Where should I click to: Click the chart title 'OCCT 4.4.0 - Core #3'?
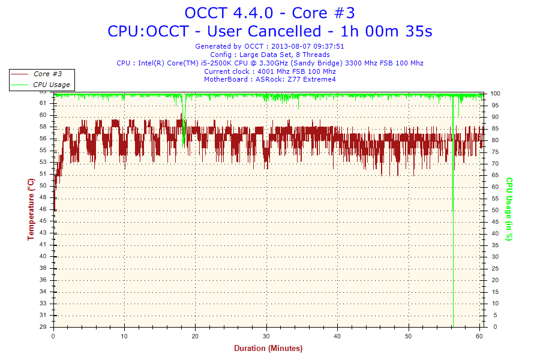click(269, 13)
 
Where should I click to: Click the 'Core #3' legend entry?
click(47, 74)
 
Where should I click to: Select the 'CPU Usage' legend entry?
click(51, 85)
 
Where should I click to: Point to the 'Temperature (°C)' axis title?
click(31, 209)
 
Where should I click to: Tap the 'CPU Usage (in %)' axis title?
click(509, 209)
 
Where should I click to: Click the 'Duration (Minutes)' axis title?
click(268, 349)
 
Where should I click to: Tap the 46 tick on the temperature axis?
click(43, 209)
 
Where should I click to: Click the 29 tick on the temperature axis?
click(43, 327)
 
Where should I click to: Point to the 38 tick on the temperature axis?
click(43, 268)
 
